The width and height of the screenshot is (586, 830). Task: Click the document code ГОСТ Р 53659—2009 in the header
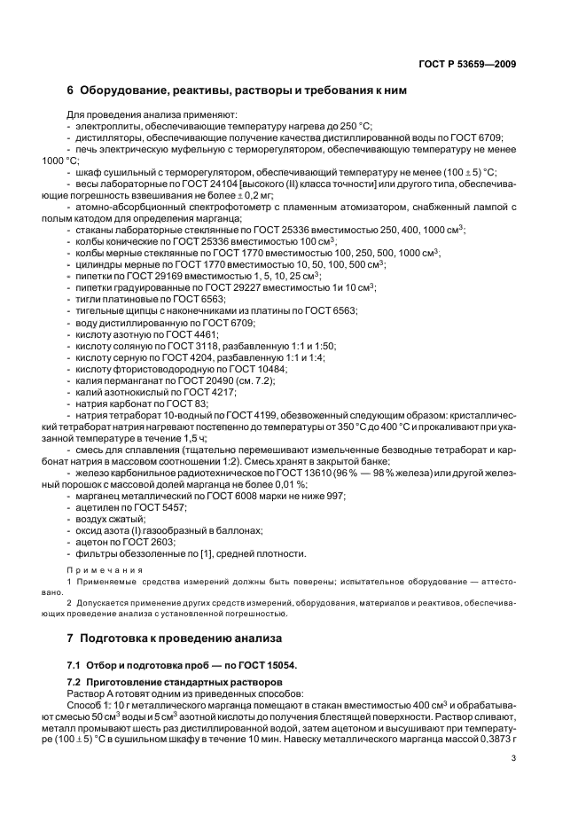[467, 65]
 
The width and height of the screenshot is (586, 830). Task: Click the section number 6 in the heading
[71, 90]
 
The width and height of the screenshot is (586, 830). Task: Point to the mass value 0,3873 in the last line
[488, 737]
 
